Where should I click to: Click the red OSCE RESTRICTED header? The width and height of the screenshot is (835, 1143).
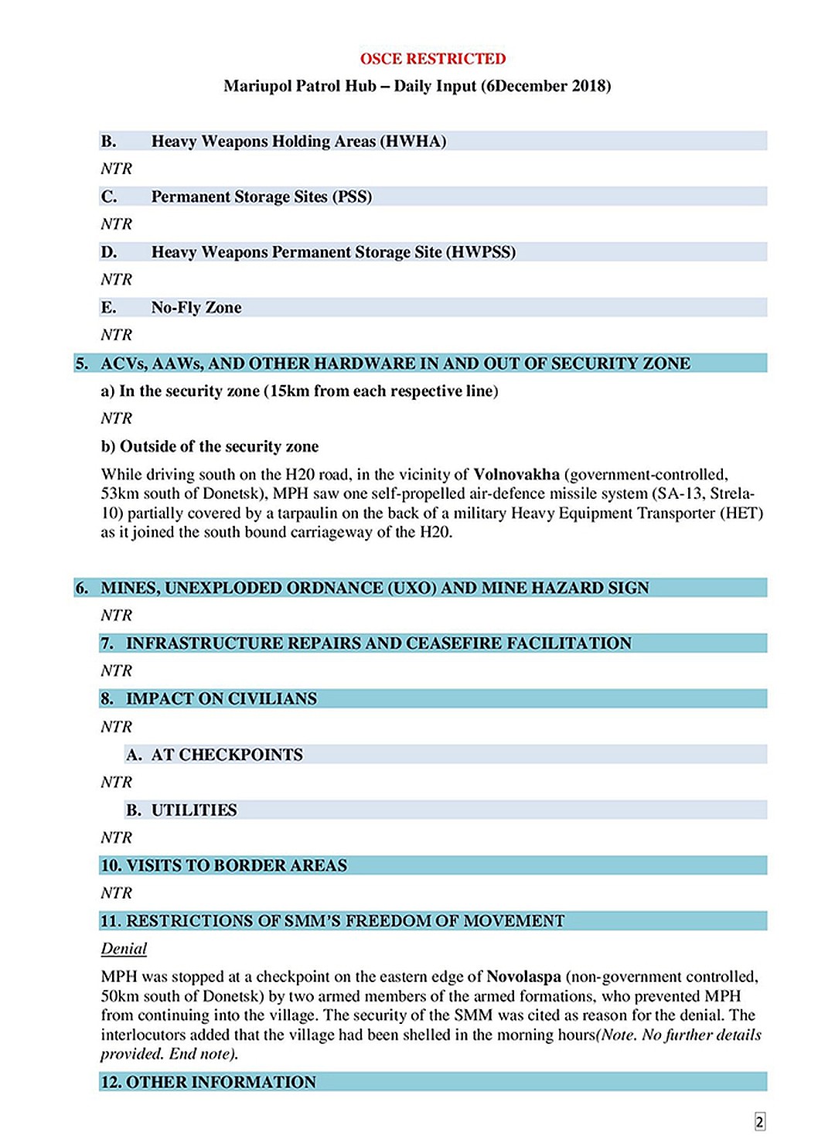432,59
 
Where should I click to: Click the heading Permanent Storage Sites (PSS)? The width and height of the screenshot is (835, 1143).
261,197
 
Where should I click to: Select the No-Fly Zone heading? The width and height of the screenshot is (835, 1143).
196,308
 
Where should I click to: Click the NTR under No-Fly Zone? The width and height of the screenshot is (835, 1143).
116,335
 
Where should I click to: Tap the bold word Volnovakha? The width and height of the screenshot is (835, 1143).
516,475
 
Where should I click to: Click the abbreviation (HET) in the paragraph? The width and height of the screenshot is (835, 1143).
743,513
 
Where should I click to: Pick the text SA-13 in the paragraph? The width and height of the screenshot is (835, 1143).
679,494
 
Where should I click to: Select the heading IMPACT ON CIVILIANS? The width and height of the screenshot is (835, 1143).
221,699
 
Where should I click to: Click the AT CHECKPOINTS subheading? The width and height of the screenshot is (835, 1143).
227,755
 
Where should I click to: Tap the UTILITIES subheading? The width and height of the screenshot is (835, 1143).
194,810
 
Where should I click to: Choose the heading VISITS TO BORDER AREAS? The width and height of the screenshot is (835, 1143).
237,865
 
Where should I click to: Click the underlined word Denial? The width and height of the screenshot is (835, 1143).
124,949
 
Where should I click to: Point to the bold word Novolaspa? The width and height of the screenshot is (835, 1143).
523,977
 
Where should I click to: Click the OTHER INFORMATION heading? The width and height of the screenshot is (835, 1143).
220,1083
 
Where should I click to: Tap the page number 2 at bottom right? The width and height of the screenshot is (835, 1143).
759,1122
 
